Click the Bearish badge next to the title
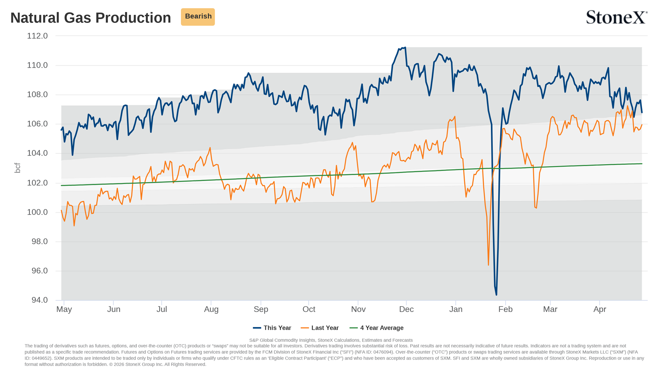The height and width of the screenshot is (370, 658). coord(198,17)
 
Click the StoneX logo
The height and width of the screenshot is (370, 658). coord(617,17)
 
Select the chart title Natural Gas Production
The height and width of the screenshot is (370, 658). coord(91,18)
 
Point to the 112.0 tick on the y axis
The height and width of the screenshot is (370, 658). coord(37,36)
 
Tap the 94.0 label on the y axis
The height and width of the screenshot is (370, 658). coord(40,300)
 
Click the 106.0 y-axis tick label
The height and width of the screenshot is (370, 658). coord(37,124)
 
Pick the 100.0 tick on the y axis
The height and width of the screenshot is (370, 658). coord(37,212)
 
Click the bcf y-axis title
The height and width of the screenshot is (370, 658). coord(17,168)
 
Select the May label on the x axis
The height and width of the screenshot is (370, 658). coord(64,309)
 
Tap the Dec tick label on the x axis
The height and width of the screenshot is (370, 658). coord(406,309)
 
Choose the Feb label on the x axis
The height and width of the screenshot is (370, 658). coord(505,309)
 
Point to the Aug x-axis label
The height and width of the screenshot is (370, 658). coord(211,309)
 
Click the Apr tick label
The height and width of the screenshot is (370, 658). coord(600,309)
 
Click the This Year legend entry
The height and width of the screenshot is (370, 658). coord(272,328)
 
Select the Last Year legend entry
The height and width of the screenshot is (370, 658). coord(320,328)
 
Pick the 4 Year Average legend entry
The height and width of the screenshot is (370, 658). coord(376,328)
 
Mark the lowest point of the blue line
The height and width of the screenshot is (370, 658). coord(496,295)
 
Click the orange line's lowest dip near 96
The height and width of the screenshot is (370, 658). coord(488,265)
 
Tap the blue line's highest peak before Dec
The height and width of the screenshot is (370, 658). coord(405,47)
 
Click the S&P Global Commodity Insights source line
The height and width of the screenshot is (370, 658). coord(331,340)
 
